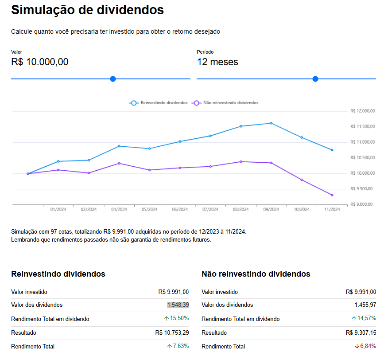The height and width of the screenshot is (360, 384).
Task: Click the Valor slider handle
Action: coord(113,79)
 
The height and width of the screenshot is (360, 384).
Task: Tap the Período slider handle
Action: coord(315,79)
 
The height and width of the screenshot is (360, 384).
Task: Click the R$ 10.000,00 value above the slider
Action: coord(40,62)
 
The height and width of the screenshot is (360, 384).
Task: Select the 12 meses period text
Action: coord(217,62)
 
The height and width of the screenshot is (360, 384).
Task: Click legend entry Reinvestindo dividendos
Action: coord(159,102)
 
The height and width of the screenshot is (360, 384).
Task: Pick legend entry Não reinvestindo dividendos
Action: coord(225,102)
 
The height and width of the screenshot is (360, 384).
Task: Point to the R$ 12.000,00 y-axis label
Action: coord(362,111)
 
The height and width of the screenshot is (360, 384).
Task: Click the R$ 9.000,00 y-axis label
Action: coord(362,204)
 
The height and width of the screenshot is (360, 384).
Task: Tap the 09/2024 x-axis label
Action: coord(271,210)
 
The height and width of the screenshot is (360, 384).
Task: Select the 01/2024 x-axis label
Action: coord(58,210)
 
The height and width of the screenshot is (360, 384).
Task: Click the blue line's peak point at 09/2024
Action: coord(271,123)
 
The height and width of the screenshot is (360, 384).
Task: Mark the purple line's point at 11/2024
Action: coord(332,195)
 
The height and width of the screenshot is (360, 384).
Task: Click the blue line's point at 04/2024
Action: coord(119,146)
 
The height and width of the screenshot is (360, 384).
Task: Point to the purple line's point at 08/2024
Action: coord(241,161)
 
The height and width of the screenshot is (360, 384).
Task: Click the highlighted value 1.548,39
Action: coord(178,305)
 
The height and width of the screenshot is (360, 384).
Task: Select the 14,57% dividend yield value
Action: coord(367,318)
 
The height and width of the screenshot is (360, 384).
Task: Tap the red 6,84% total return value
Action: coord(367,346)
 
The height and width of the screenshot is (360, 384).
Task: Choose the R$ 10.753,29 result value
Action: coord(172,332)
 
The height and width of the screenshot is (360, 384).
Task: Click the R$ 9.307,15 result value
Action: coord(361,332)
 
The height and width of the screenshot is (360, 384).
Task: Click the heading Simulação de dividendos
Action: coord(87,10)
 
